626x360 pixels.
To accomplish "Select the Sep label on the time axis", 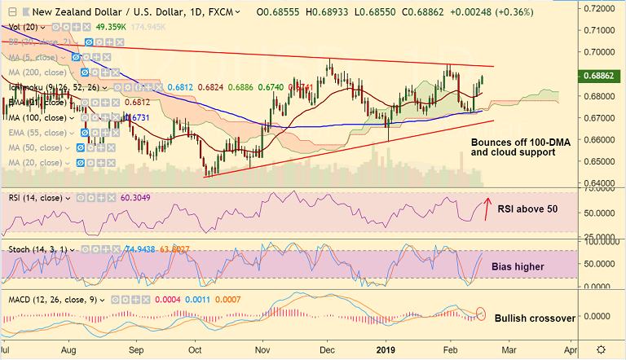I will (x=133, y=349).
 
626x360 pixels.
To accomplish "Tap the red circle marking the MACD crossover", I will (x=481, y=313).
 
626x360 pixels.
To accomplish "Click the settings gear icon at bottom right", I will (x=601, y=349).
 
